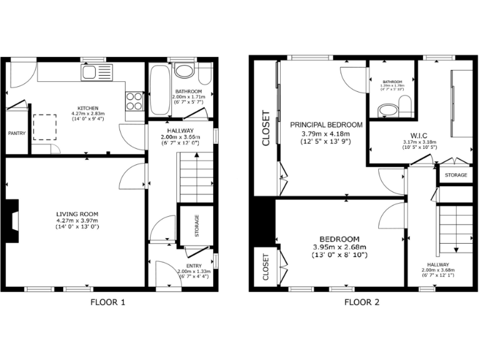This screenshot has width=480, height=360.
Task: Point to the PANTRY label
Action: click(16, 133)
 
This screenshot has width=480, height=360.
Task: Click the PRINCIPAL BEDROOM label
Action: click(326, 125)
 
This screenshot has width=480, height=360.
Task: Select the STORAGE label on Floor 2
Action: click(456, 176)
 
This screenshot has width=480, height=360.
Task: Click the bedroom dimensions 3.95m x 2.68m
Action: click(339, 247)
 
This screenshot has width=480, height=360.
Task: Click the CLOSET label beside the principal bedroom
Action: click(266, 128)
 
